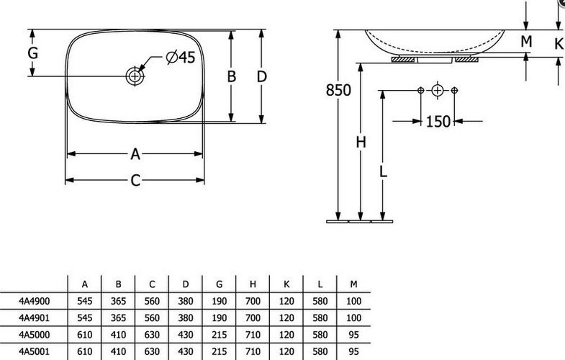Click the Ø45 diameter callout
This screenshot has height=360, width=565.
click(181, 57)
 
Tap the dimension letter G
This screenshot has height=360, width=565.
click(33, 53)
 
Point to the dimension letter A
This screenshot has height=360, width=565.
click(135, 154)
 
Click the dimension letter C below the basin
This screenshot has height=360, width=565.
click(135, 181)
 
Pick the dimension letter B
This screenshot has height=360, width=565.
click(231, 76)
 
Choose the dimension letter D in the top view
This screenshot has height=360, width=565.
click(262, 76)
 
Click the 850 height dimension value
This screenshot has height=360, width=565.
click(338, 90)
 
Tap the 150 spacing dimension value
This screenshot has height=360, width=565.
click(438, 122)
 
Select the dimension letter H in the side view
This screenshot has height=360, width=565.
click(361, 143)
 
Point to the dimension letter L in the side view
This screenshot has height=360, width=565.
click(383, 171)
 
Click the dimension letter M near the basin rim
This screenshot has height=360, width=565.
click(526, 42)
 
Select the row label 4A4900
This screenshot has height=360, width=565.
click(35, 301)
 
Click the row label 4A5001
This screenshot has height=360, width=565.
click(35, 351)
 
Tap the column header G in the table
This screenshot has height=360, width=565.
click(219, 284)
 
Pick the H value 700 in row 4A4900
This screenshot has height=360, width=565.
click(253, 301)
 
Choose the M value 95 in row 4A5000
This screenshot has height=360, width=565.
click(354, 335)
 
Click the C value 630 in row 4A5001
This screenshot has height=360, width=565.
click(152, 351)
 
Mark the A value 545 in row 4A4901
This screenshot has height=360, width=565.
click(85, 318)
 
